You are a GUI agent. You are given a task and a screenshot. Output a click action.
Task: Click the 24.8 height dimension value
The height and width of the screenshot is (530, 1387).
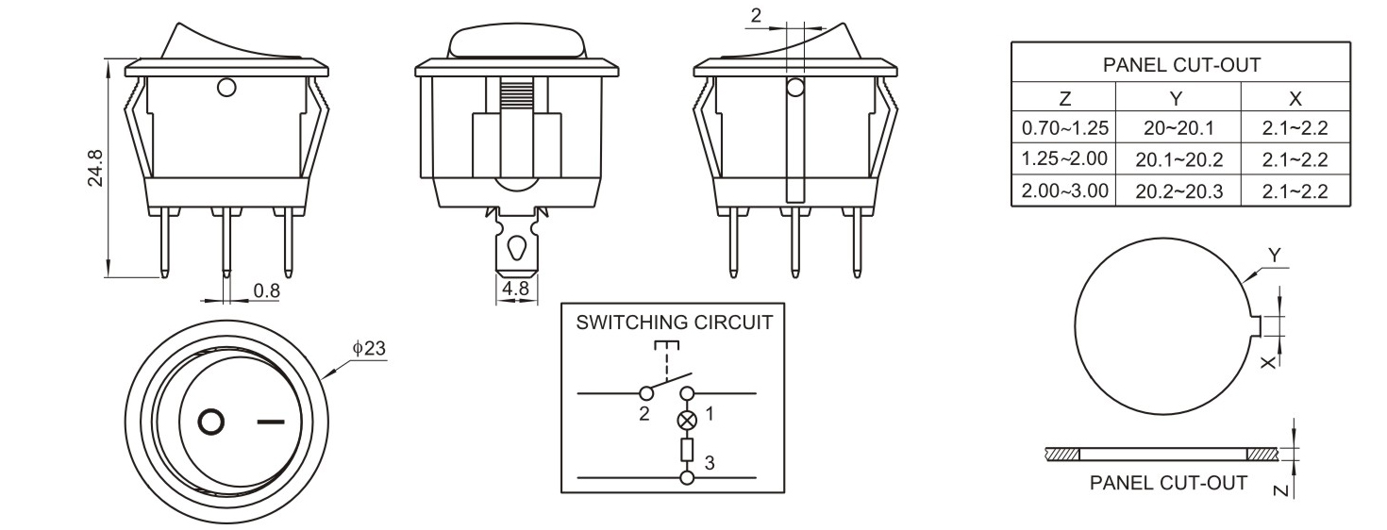pyautogui.click(x=95, y=167)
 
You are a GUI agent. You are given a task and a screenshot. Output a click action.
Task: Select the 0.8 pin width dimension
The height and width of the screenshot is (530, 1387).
pyautogui.click(x=267, y=290)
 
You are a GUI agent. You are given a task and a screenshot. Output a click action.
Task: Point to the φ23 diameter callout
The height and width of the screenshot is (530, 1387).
pyautogui.click(x=369, y=348)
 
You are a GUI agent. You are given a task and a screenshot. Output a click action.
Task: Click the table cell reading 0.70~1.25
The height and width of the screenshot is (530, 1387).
pyautogui.click(x=1063, y=127)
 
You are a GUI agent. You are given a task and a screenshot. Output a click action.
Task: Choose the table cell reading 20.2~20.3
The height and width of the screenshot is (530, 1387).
pyautogui.click(x=1178, y=191)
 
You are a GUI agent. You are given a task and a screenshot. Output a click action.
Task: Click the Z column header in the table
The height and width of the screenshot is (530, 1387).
pyautogui.click(x=1063, y=98)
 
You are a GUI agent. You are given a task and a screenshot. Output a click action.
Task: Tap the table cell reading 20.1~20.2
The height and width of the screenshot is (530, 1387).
pyautogui.click(x=1178, y=159)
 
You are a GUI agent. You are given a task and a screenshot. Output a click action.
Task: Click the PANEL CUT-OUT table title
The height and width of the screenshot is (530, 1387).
pyautogui.click(x=1181, y=66)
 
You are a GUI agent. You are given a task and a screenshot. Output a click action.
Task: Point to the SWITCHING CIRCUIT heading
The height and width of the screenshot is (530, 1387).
pyautogui.click(x=674, y=322)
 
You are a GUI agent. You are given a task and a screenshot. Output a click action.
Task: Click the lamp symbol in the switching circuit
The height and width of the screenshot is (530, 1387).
pyautogui.click(x=687, y=418)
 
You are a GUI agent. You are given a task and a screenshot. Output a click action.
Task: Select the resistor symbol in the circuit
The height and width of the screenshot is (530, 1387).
pyautogui.click(x=687, y=450)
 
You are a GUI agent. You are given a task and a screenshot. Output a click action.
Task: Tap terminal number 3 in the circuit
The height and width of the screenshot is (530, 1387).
pyautogui.click(x=710, y=462)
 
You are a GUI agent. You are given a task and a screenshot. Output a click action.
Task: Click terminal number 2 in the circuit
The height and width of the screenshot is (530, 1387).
pyautogui.click(x=643, y=413)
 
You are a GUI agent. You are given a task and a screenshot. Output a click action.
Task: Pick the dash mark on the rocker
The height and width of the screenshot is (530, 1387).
pyautogui.click(x=270, y=422)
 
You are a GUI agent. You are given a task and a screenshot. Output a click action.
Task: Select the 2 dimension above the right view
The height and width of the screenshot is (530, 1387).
pyautogui.click(x=756, y=16)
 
